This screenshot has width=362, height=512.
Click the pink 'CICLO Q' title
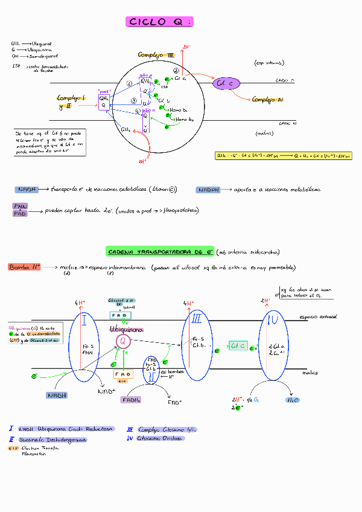pyautogui.click(x=159, y=22)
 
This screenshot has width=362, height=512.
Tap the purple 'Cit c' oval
pyautogui.click(x=226, y=83)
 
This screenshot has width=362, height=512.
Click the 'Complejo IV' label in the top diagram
pyautogui.click(x=268, y=100)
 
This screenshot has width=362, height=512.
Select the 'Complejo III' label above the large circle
pyautogui.click(x=156, y=56)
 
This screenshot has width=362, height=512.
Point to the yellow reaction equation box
pyautogui.click(x=284, y=156)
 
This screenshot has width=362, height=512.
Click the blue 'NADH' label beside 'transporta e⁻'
pyautogui.click(x=26, y=190)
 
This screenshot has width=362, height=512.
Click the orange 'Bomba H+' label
pyautogui.click(x=24, y=267)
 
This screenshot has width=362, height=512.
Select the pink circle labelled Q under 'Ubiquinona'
pyautogui.click(x=123, y=342)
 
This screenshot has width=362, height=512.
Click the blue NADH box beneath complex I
pyautogui.click(x=56, y=395)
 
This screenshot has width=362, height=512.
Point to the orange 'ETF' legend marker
pyautogui.click(x=13, y=449)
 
